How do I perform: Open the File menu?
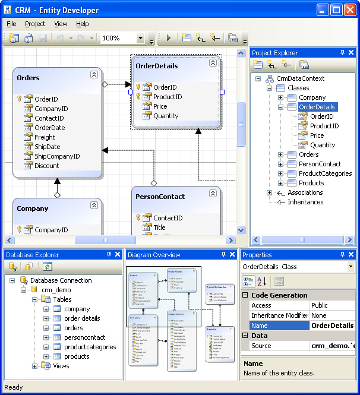[12, 24]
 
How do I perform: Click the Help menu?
[82, 24]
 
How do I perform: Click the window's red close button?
[350, 10]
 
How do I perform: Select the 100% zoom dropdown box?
[122, 38]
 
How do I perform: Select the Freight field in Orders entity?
[45, 137]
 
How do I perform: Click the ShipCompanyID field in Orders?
[56, 156]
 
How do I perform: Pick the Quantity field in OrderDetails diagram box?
[165, 116]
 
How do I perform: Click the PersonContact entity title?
[160, 197]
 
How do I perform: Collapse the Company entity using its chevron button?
[94, 205]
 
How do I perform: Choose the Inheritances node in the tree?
[305, 202]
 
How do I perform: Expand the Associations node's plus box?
[270, 192]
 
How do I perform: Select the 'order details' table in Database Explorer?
[82, 318]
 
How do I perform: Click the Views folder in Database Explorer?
[61, 366]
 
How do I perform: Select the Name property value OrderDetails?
[332, 326]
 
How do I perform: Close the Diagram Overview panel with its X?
[232, 255]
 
